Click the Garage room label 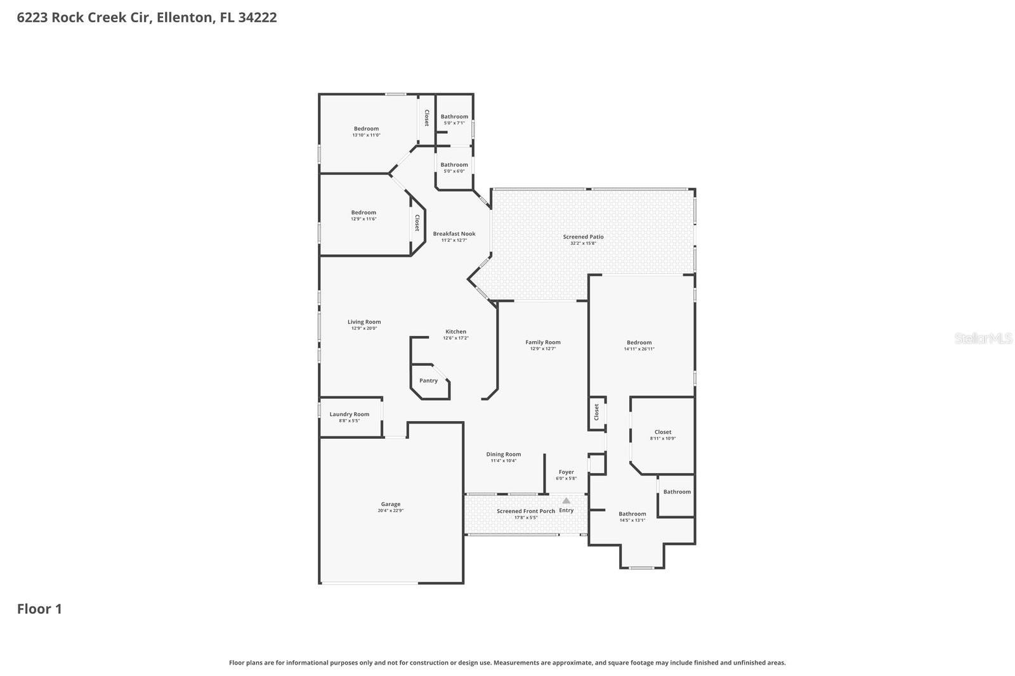[x=391, y=505]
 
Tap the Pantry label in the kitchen [x=428, y=381]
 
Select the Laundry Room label [x=349, y=415]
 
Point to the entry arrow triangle [x=566, y=500]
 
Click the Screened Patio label [x=583, y=237]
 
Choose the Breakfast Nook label [x=454, y=234]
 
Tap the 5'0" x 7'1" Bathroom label [x=454, y=117]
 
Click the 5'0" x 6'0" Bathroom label [x=454, y=166]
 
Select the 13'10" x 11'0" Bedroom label [x=366, y=129]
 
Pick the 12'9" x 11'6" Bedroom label [x=363, y=213]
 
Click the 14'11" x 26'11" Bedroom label [x=639, y=343]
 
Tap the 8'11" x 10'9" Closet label [x=663, y=432]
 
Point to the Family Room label [x=543, y=343]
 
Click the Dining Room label [x=504, y=455]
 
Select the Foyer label [x=566, y=472]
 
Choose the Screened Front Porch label [x=526, y=511]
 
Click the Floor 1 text [x=39, y=609]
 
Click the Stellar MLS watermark [x=983, y=339]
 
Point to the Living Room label [x=364, y=322]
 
